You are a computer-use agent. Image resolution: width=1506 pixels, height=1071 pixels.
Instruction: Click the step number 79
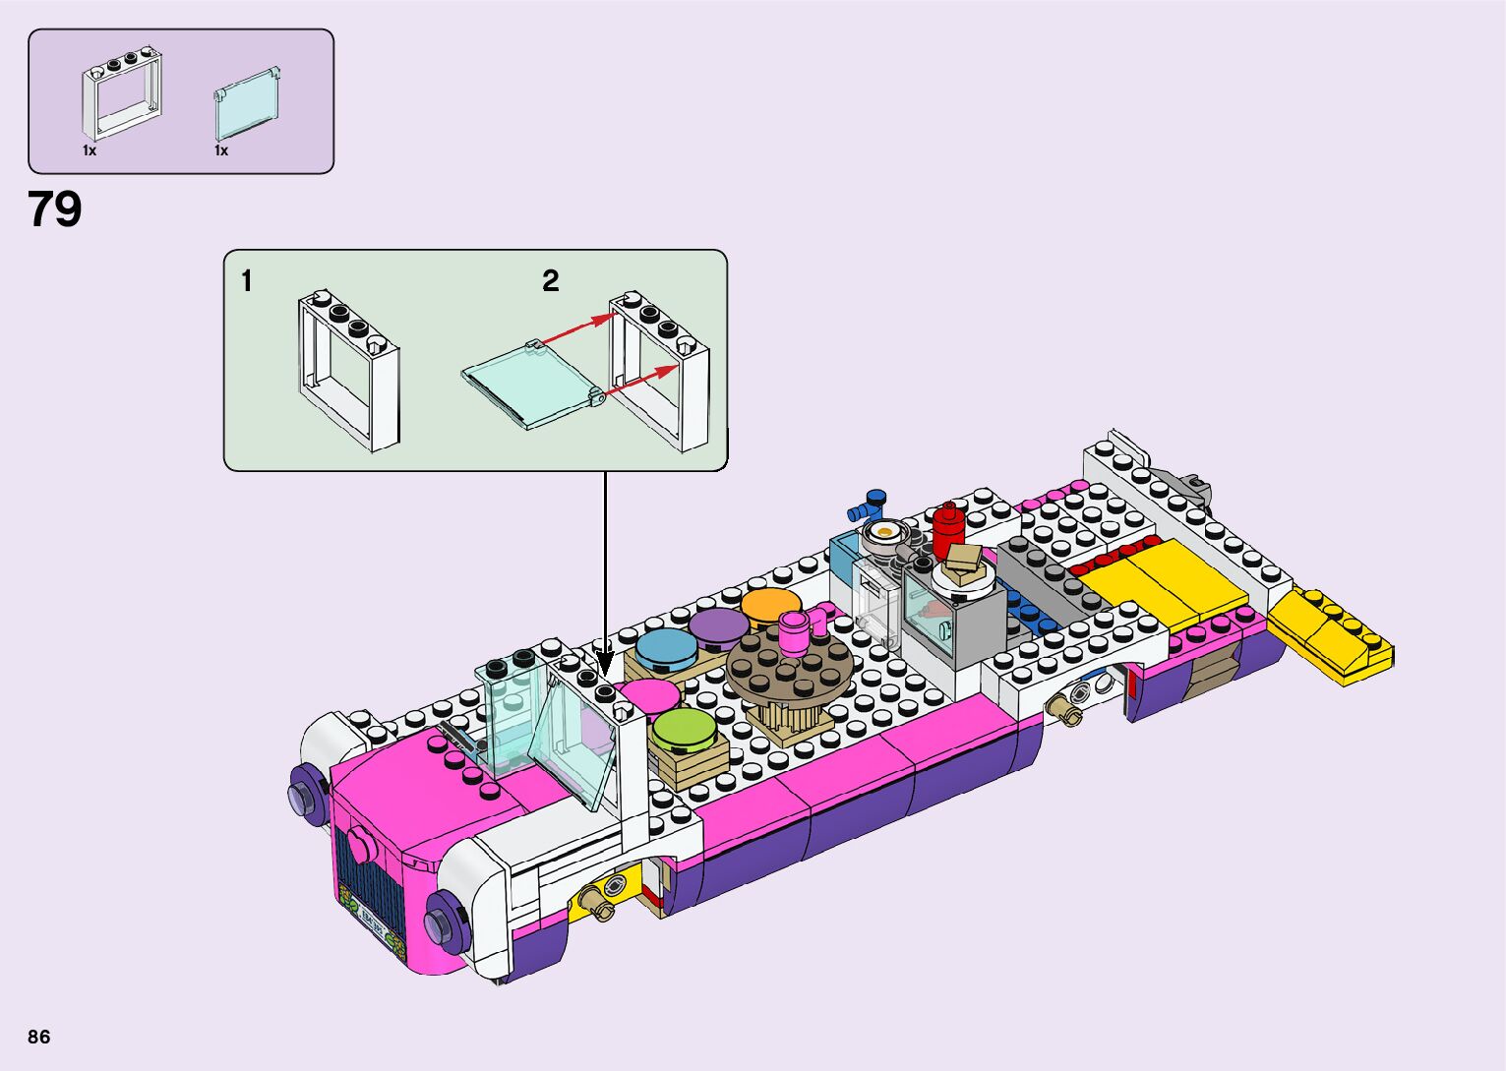pos(54,209)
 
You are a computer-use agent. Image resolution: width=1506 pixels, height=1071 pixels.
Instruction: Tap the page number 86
pos(39,1037)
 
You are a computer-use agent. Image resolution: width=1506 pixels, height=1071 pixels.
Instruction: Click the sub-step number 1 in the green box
pos(247,281)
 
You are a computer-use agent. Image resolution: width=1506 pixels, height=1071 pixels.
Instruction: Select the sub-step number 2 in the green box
pos(551,281)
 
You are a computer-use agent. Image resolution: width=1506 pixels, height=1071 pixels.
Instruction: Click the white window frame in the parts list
pos(122,94)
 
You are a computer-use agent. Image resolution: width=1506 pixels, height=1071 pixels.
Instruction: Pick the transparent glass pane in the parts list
pos(247,104)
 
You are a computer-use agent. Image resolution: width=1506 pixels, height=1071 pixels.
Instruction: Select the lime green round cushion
pos(685,730)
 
